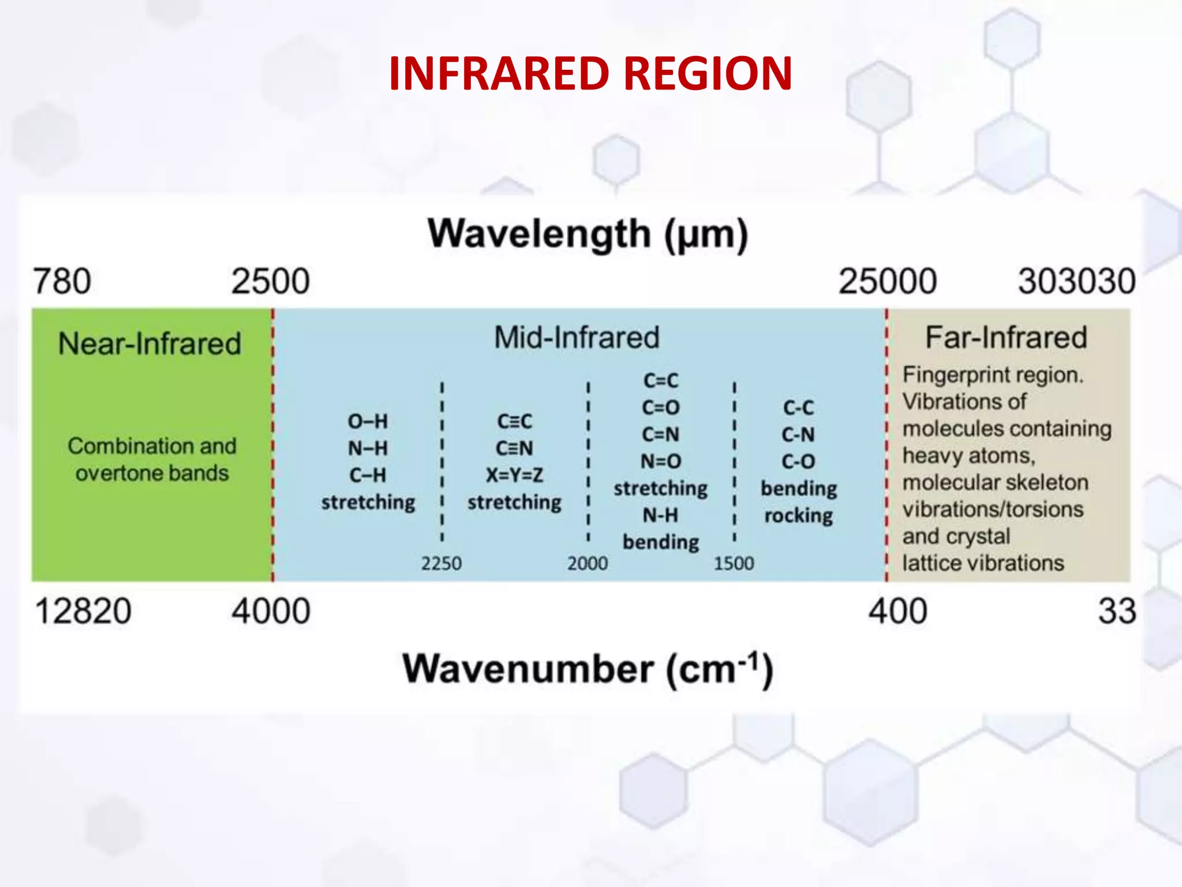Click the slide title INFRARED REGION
point(590,73)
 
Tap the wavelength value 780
point(62,281)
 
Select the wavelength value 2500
point(270,281)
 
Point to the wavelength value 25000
point(887,281)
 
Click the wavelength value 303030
point(1076,281)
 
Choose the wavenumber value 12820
point(83,611)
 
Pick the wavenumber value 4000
point(271,611)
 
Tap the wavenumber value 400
point(898,611)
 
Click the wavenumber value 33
point(1117,611)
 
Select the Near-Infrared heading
point(149,344)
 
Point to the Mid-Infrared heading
point(577,337)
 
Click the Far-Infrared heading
point(1006,337)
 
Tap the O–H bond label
point(368,421)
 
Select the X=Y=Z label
point(514,475)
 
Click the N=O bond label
point(661,461)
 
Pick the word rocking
point(799,515)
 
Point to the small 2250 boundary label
point(442,563)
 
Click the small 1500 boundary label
point(734,563)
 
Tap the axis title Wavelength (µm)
point(588,234)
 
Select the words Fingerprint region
point(993,375)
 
